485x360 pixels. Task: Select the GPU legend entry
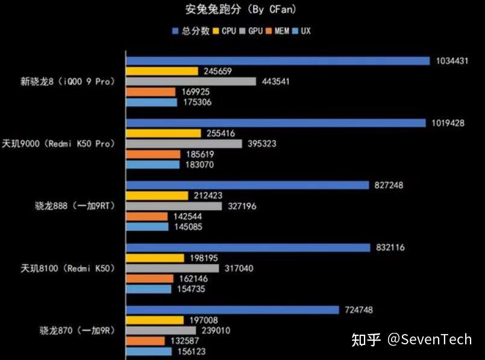click(251, 31)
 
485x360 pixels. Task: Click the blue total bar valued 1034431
click(277, 60)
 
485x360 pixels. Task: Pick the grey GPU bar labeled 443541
click(191, 81)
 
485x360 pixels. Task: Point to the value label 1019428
click(448, 123)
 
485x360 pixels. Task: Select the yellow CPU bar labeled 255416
click(163, 133)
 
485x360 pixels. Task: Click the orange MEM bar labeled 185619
click(153, 154)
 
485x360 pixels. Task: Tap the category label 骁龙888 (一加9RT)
click(75, 206)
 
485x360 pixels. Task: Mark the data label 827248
click(389, 185)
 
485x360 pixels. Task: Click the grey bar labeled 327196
click(174, 206)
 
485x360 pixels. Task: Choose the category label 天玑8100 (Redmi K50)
click(67, 268)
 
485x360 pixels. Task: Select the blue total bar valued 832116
click(248, 247)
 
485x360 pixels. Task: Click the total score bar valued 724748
click(233, 310)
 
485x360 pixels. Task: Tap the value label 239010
click(216, 330)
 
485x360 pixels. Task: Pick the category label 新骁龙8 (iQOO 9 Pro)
click(67, 81)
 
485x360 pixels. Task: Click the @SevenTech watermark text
click(429, 339)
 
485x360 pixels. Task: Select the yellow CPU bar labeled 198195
click(155, 258)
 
